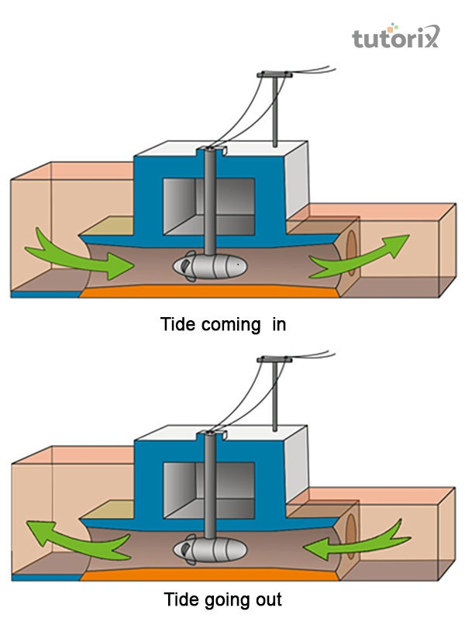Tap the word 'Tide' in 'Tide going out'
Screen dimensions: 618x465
(179, 599)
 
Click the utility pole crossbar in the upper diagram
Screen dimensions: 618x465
(274, 74)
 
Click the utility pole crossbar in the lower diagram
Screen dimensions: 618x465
(274, 357)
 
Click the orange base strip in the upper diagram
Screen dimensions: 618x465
(209, 292)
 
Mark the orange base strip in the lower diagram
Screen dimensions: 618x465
(209, 575)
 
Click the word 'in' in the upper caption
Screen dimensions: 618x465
(279, 324)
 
